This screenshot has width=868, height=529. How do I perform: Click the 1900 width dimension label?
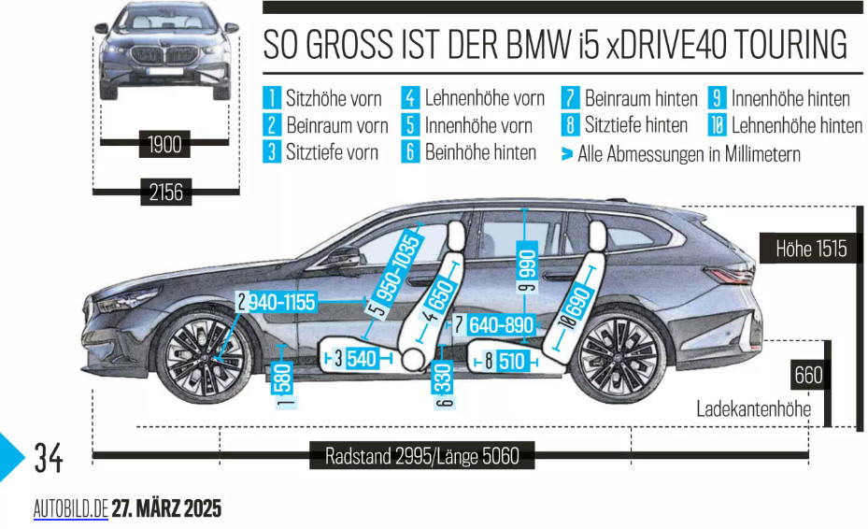164,144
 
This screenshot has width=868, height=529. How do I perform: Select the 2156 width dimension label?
165,193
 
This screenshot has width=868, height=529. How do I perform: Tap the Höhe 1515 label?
811,249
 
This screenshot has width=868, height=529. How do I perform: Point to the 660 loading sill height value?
808,375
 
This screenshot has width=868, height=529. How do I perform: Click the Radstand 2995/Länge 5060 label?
421,455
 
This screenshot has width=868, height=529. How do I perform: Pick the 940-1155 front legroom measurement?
282,303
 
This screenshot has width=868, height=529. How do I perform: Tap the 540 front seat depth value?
362,358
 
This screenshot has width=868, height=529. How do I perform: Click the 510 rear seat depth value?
511,361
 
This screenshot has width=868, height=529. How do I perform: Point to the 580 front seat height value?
283,378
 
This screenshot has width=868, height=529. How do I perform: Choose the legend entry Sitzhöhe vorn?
334,98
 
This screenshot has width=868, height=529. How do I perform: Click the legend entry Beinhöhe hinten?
480,152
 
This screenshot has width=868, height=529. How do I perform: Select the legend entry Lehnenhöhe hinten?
797,126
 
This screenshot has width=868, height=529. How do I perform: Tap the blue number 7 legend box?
570,98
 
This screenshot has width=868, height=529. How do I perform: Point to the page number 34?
49,458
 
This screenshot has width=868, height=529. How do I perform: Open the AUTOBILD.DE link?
71,508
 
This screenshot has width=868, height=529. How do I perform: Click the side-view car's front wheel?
203,357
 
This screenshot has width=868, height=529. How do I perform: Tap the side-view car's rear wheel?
619,356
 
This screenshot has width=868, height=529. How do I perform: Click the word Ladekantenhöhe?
753,408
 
